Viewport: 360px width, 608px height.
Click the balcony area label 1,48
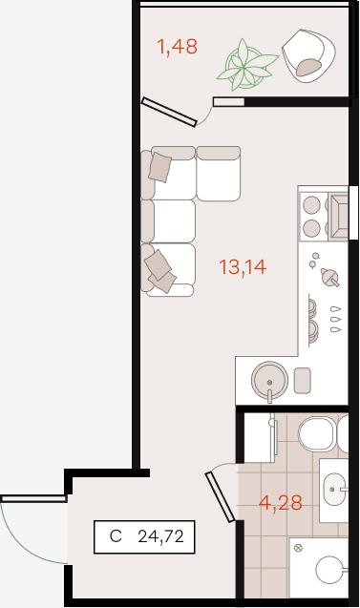pos(177,47)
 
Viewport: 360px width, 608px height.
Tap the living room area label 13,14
pos(243,267)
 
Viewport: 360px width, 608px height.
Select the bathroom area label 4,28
pos(280,503)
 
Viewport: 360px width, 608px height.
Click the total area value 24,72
pos(160,536)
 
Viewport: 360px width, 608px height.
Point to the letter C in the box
pos(116,536)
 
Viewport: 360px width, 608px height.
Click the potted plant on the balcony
pos(246,65)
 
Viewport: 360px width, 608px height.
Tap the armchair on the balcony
pos(308,55)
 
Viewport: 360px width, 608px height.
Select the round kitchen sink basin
pos(269,381)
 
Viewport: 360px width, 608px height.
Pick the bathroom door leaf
pos(220,496)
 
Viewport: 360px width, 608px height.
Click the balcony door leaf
pos(169,112)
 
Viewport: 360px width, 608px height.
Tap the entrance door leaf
pos(33,498)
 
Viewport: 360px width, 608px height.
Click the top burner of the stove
pos(312,204)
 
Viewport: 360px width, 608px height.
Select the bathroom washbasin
pos(334,489)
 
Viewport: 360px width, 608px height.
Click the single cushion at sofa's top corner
pos(159,167)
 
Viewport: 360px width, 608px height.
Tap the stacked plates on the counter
pos(312,320)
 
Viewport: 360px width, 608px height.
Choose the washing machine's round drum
pos(329,570)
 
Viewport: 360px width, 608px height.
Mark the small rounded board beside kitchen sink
pos(302,380)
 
